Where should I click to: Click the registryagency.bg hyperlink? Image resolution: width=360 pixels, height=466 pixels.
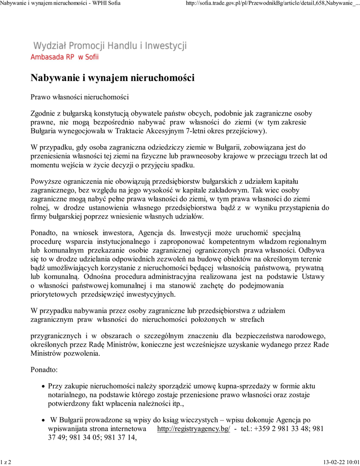(x=193, y=429)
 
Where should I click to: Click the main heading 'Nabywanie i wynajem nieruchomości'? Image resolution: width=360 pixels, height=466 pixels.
(x=112, y=78)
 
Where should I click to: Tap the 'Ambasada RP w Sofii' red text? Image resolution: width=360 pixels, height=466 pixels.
(x=64, y=57)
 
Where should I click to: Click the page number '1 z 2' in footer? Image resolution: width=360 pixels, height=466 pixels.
(x=6, y=462)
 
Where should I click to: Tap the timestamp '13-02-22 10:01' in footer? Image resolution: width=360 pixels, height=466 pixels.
(x=341, y=462)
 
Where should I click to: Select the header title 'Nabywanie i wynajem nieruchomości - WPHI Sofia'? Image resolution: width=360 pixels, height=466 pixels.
(x=60, y=4)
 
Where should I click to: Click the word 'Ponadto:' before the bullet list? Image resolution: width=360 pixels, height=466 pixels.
(x=44, y=370)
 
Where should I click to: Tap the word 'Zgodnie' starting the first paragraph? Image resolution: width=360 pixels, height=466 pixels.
(x=44, y=113)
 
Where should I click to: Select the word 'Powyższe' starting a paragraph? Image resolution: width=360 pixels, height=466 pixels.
(x=46, y=182)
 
